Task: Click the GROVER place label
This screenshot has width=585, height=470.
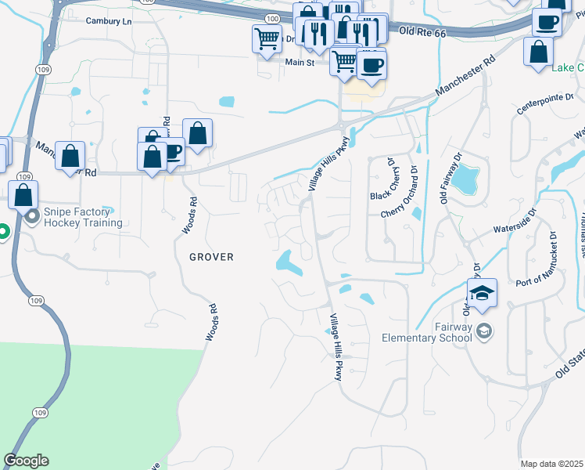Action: [x=211, y=257]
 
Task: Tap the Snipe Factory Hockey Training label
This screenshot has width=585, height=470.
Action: [x=84, y=217]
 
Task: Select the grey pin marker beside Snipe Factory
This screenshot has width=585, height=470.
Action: [x=31, y=215]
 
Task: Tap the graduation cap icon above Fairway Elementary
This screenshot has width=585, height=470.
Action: [x=482, y=293]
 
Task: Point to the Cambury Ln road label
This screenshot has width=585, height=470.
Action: [x=109, y=21]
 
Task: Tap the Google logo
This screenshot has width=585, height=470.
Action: [x=26, y=461]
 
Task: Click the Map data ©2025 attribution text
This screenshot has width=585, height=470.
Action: [x=551, y=464]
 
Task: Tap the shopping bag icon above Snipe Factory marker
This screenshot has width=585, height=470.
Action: [x=24, y=193]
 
